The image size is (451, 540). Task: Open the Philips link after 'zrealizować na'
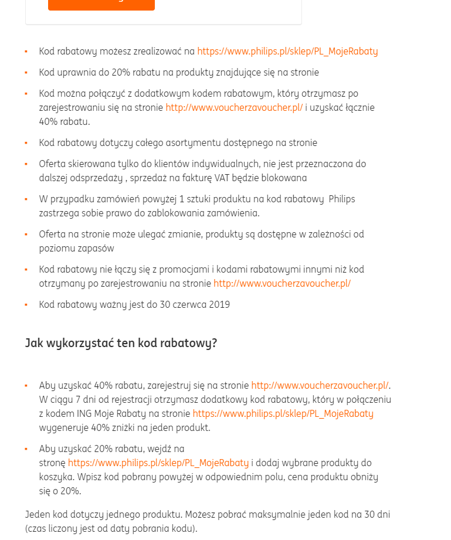tap(287, 51)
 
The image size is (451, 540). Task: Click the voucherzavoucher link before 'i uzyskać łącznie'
tap(234, 107)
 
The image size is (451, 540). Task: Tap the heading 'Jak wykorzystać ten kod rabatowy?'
tap(121, 343)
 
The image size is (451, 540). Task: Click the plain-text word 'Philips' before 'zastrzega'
tap(341, 199)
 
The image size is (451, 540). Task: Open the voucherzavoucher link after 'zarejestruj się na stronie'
tap(320, 385)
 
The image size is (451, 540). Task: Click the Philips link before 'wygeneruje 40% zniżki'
tap(283, 413)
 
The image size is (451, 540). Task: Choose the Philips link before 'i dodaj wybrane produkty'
tap(158, 463)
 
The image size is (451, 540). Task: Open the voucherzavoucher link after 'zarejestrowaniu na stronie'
tap(282, 283)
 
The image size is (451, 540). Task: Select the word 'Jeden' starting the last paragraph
tap(38, 514)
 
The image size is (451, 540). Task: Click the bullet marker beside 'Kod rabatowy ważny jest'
tap(26, 304)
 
